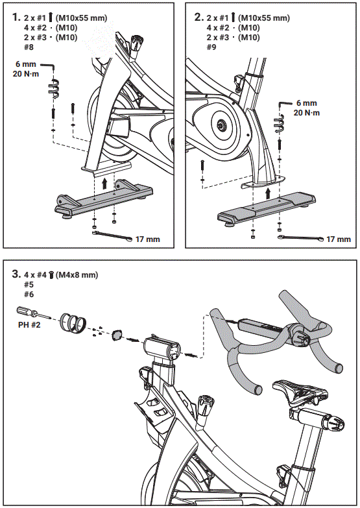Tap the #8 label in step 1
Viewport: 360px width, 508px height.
29,47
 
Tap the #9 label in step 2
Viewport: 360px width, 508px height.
212,47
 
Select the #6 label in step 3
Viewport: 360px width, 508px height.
29,295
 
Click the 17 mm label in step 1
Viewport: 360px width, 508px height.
147,239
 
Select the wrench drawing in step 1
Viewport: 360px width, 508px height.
114,235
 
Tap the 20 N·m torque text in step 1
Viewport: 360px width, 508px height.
27,75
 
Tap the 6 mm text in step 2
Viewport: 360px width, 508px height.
306,103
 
